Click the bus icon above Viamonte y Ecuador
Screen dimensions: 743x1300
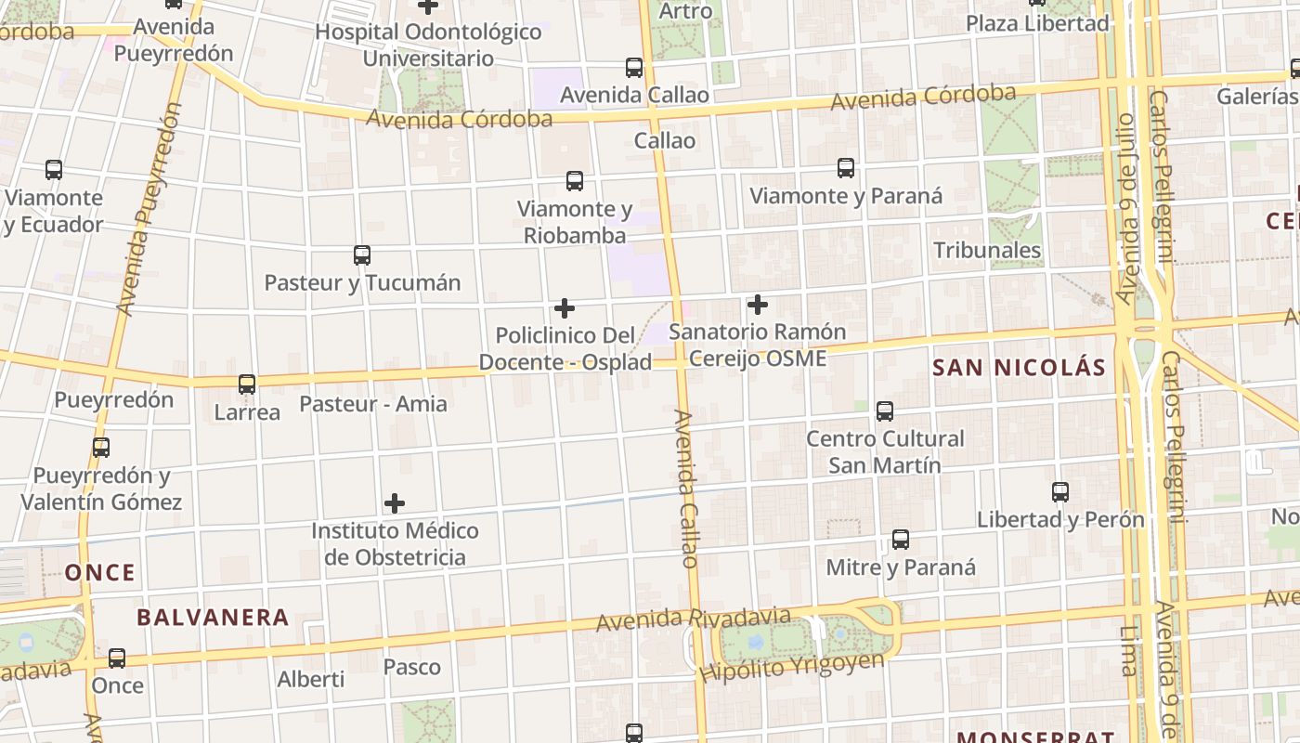[x=54, y=170]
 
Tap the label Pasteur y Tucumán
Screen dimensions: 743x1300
[x=362, y=282]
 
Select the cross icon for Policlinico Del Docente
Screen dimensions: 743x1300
[x=564, y=308]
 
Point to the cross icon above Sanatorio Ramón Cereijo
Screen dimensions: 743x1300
[x=758, y=305]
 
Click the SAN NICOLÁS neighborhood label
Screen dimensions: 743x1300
[x=1019, y=368]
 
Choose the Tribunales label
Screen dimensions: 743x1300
[x=987, y=250]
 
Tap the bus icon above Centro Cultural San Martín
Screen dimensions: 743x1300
[x=885, y=411]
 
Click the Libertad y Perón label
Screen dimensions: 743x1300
[x=1059, y=519]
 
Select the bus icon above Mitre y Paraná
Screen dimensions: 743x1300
[x=900, y=540]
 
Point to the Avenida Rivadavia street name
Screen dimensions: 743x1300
[x=693, y=619]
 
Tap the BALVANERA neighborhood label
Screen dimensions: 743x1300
[x=213, y=617]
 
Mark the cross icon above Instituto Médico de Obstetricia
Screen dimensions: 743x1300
[x=395, y=503]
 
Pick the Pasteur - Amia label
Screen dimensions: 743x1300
[x=372, y=404]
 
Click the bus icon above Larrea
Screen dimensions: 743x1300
[x=247, y=385]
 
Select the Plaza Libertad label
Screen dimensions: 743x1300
[x=1037, y=23]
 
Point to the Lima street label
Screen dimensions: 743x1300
[x=1128, y=650]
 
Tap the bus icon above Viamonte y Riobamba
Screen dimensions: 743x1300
[x=575, y=181]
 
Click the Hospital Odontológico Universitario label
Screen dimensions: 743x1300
[x=428, y=45]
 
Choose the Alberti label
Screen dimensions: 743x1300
[x=311, y=679]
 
